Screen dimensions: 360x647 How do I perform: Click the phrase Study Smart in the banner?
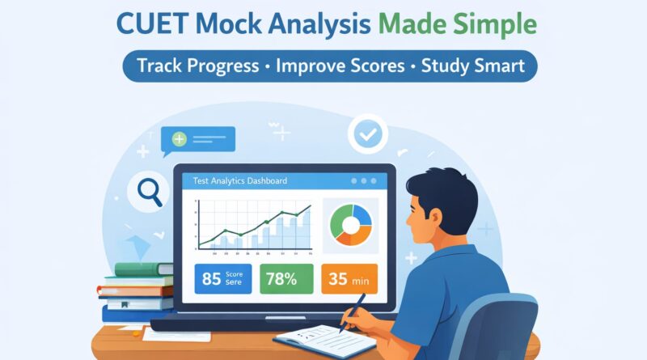tap(472, 66)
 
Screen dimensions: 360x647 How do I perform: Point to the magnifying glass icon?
tap(150, 192)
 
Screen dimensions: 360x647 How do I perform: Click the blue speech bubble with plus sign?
tap(197, 140)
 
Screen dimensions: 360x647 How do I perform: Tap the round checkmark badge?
tap(367, 135)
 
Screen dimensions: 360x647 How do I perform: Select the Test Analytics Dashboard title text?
tap(235, 180)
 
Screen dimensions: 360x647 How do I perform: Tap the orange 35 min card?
tap(349, 280)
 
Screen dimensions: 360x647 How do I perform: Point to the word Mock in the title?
tap(252, 23)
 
